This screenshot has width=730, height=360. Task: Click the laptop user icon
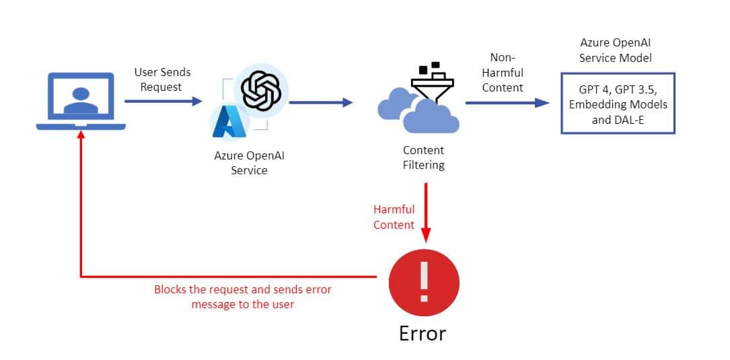[x=81, y=101]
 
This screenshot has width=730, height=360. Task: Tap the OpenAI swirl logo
[x=260, y=91]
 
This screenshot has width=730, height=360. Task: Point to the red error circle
[x=424, y=283]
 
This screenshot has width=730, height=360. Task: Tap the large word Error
[x=422, y=333]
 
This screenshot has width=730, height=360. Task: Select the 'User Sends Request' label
[x=162, y=79]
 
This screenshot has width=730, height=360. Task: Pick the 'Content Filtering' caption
[x=423, y=157]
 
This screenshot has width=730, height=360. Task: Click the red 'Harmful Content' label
[x=394, y=217]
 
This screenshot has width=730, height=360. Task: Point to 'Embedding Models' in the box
[x=618, y=104]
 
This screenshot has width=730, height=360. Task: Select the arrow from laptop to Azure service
[x=163, y=102]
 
